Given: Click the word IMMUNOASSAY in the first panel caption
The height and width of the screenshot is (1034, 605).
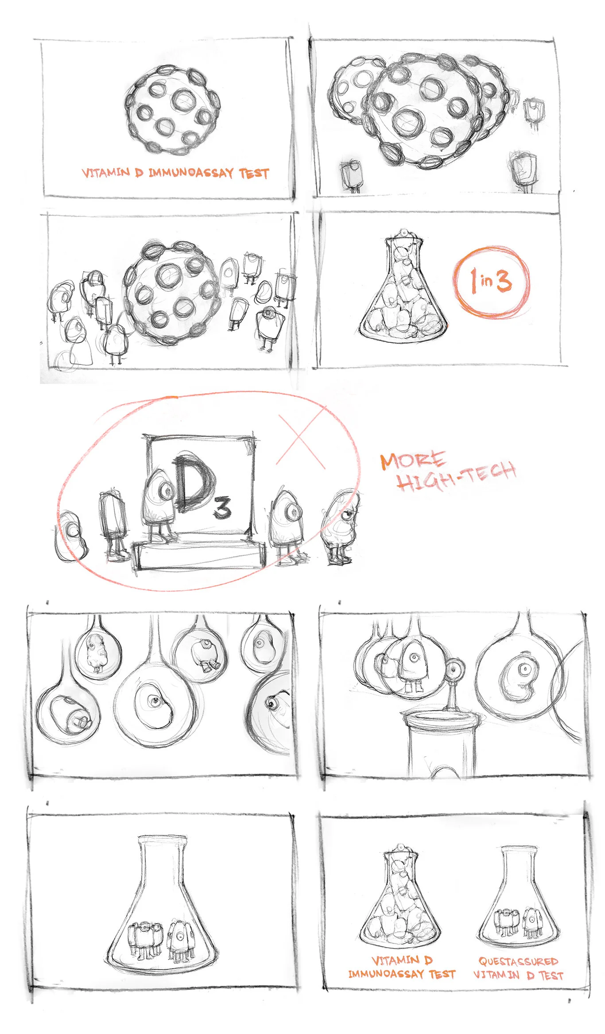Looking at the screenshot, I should (191, 173).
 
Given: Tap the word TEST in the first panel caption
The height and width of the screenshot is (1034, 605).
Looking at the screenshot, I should (254, 173).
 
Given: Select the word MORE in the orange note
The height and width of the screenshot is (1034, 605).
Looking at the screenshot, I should (412, 461).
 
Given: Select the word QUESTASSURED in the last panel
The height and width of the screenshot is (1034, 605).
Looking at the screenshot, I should (518, 961).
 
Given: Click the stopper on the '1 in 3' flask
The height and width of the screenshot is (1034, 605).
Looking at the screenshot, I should (403, 234).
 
